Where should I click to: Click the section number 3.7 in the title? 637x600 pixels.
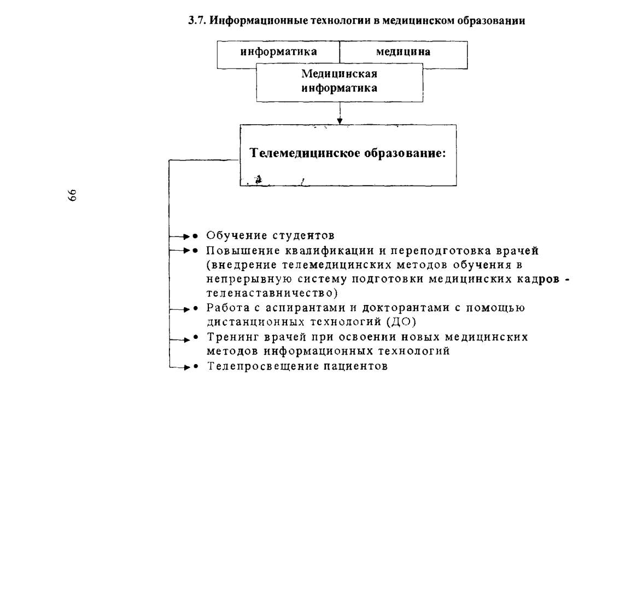(197, 20)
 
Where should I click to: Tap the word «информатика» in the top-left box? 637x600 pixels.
(278, 51)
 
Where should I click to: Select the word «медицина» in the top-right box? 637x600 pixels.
(403, 51)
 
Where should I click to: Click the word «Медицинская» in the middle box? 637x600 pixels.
(339, 73)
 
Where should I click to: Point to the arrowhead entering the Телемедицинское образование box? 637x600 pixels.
(340, 121)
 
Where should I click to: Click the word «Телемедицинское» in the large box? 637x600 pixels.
(305, 153)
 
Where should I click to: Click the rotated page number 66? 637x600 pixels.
(72, 195)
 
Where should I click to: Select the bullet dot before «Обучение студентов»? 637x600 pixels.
(195, 236)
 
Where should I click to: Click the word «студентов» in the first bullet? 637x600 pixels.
(303, 235)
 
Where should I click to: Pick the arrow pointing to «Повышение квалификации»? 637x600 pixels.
(180, 251)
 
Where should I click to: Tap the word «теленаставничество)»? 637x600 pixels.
(272, 293)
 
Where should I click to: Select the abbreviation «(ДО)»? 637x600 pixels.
(401, 322)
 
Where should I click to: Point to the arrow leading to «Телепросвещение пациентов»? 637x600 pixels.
(180, 367)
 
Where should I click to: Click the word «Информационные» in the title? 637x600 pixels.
(259, 20)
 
